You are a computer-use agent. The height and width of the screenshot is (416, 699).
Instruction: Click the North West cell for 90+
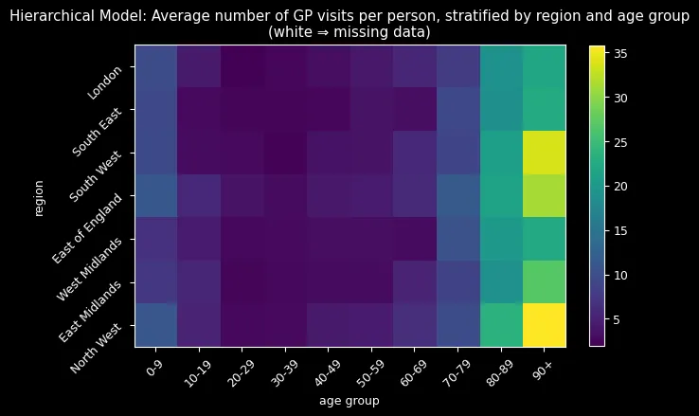[x=544, y=324]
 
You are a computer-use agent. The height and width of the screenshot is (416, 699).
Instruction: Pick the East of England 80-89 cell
[x=501, y=195]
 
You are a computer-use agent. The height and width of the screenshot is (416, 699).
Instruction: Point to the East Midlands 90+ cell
[x=544, y=281]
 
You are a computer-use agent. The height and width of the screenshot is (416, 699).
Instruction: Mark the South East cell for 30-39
[x=285, y=109]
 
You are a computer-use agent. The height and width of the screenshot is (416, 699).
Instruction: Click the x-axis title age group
[x=349, y=402]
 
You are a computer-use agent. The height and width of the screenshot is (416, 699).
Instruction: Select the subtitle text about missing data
[x=349, y=31]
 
